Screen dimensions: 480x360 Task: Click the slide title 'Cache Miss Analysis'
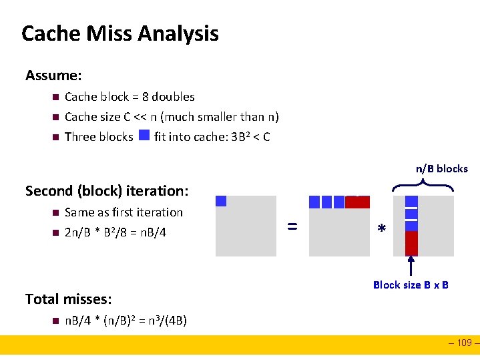[x=120, y=33]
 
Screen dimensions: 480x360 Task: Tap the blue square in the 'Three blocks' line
[x=144, y=137]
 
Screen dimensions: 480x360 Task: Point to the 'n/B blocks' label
[x=442, y=168]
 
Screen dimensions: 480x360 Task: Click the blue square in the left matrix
[x=222, y=201]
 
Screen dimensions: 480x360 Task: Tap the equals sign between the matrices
[x=292, y=226]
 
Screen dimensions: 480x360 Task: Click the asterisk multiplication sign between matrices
[x=381, y=229]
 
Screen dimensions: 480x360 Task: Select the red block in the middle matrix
[x=357, y=202]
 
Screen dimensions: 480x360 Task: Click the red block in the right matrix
[x=411, y=243]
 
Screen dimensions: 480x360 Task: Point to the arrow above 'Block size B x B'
[x=411, y=266]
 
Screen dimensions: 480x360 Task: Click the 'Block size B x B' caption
[x=411, y=285]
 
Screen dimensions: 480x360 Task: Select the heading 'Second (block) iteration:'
[x=107, y=191]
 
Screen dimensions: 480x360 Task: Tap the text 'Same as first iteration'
[x=124, y=212]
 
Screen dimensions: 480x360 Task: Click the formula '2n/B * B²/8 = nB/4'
[x=115, y=232]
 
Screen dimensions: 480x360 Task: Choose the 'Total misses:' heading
[x=68, y=299]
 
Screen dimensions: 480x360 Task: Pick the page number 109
[x=463, y=343]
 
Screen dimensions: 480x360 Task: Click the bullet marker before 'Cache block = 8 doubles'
[x=54, y=97]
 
